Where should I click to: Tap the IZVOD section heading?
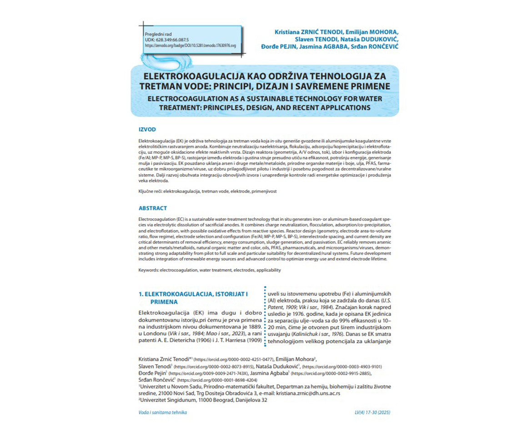(x=147, y=129)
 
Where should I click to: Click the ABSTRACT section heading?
(x=153, y=208)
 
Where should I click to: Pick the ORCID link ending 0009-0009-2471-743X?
(x=201, y=373)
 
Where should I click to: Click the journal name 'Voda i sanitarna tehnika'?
(x=163, y=412)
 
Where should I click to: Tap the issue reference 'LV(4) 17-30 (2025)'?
(x=372, y=412)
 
